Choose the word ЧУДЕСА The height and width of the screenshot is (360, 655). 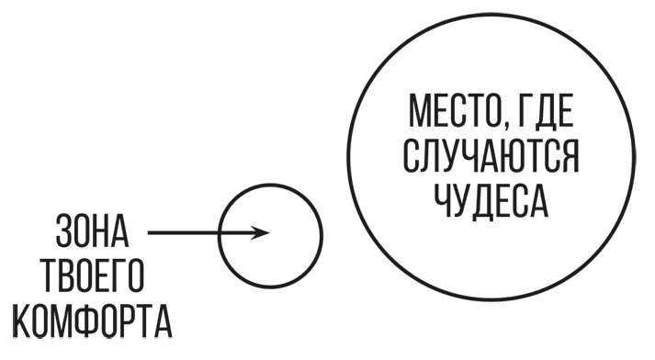click(x=491, y=203)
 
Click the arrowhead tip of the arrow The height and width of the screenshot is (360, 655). click(x=269, y=232)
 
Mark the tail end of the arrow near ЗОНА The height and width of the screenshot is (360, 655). click(x=149, y=232)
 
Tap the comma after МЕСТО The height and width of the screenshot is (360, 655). click(x=507, y=129)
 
